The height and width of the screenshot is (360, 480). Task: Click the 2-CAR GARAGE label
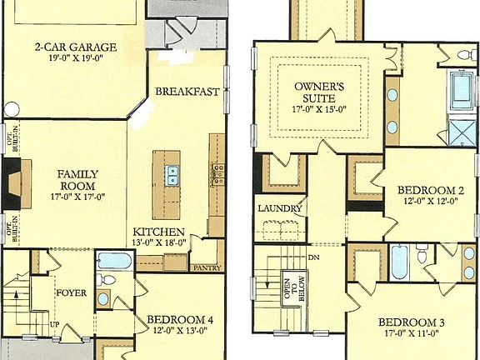click(75, 47)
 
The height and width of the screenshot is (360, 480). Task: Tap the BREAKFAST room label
click(187, 92)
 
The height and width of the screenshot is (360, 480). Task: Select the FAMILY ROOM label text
click(77, 180)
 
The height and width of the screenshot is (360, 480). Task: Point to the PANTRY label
click(205, 268)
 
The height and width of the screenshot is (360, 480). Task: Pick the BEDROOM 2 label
click(431, 189)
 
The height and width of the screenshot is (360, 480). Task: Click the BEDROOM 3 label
click(412, 323)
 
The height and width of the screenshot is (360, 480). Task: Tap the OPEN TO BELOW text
click(291, 292)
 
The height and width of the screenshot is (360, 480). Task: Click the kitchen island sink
click(172, 174)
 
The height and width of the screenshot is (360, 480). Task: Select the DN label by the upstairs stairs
click(313, 257)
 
